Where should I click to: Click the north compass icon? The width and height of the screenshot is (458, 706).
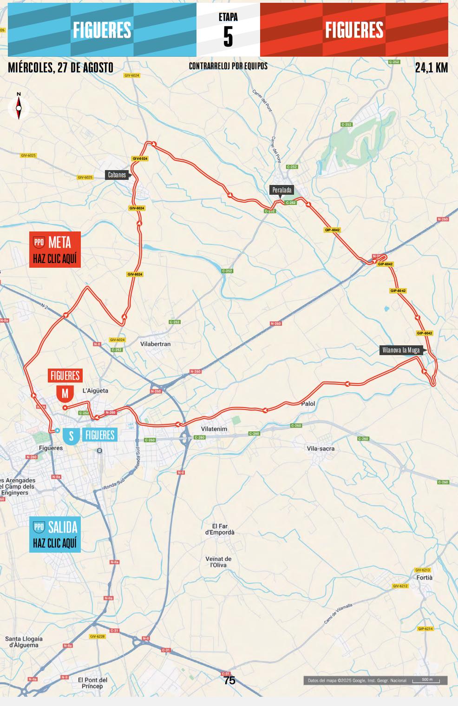[x=19, y=107]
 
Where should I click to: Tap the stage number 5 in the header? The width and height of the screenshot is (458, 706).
[x=228, y=36]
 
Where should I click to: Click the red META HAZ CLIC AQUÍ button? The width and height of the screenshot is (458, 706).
[x=55, y=250]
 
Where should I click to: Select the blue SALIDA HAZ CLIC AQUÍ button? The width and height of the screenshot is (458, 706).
[x=55, y=534]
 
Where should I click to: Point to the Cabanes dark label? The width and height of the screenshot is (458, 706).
[x=117, y=175]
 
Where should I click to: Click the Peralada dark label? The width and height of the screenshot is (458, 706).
[x=281, y=190]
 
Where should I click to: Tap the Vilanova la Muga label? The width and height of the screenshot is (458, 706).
[x=400, y=350]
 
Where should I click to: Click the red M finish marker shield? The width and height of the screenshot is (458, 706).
[x=65, y=393]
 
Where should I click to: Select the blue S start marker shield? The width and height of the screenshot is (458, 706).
[x=71, y=436]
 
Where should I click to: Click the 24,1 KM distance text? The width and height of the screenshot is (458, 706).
[x=431, y=68]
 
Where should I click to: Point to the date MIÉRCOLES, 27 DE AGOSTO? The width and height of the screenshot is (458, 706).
[x=60, y=68]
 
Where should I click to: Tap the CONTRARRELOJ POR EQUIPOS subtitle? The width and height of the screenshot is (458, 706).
[x=228, y=66]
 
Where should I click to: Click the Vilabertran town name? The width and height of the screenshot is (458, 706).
[x=155, y=344]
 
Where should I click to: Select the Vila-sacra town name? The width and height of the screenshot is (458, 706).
[x=321, y=449]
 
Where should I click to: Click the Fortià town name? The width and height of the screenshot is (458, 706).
[x=424, y=577]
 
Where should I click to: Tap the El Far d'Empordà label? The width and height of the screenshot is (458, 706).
[x=220, y=529]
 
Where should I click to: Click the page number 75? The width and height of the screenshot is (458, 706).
[x=229, y=680]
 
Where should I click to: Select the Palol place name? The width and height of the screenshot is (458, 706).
[x=308, y=403]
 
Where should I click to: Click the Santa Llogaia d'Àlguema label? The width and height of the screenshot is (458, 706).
[x=24, y=642]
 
